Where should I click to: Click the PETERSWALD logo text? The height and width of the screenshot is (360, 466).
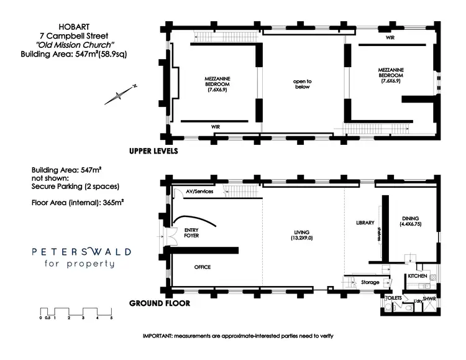[x=82, y=252]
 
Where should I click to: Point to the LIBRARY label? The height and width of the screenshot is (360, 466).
[x=364, y=222]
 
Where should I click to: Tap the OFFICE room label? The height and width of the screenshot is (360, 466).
[x=202, y=267]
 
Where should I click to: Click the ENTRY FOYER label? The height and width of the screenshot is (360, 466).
[x=191, y=233]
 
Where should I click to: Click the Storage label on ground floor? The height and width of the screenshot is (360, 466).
[x=370, y=282]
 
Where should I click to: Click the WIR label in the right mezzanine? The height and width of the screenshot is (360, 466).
[x=390, y=38]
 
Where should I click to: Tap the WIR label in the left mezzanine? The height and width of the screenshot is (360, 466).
[x=216, y=126]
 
